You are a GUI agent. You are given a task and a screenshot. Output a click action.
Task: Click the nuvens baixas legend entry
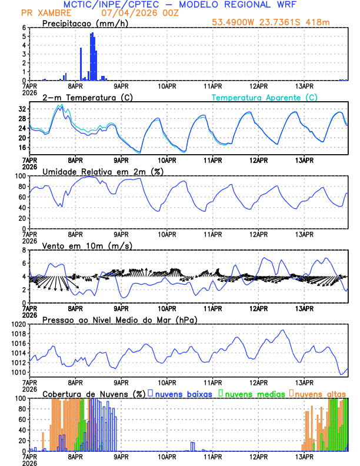pyautogui.click(x=185, y=394)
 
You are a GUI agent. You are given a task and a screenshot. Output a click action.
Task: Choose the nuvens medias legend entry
pyautogui.click(x=253, y=394)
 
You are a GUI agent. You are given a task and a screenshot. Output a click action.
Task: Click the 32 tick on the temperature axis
pyautogui.click(x=22, y=109)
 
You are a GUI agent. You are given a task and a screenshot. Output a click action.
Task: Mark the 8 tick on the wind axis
pyautogui.click(x=25, y=250)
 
